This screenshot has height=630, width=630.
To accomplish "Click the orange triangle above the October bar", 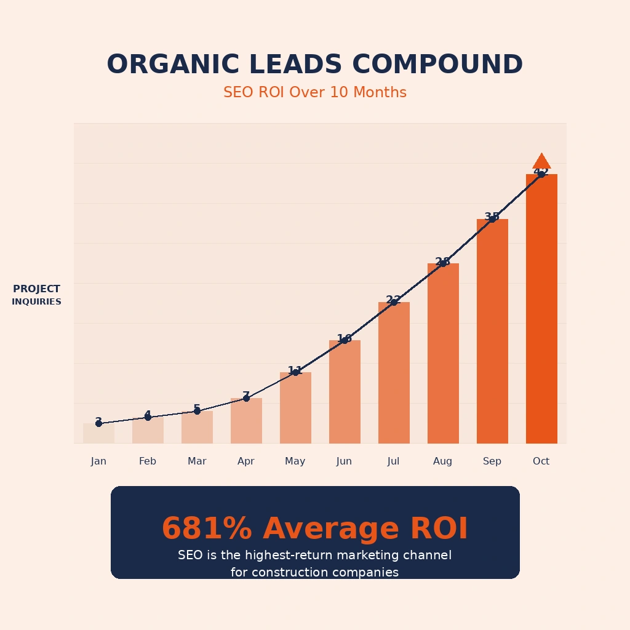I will [x=541, y=162].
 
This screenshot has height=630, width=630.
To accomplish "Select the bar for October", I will [x=541, y=308].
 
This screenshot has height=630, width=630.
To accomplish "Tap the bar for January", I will [x=98, y=433].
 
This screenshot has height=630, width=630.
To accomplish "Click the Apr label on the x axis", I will [x=246, y=461].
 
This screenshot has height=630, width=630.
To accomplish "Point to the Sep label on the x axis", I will [x=492, y=461].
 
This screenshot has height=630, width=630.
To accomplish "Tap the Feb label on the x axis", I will [x=148, y=461].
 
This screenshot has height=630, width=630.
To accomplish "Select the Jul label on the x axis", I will [x=394, y=461].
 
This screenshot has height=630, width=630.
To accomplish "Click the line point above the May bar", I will [x=295, y=372].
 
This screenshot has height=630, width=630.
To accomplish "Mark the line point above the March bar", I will [x=197, y=411].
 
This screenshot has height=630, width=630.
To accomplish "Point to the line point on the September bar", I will [x=492, y=219].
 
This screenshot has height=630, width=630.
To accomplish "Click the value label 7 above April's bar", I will [x=246, y=396].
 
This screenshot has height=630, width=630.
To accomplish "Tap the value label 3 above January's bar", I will [x=98, y=421].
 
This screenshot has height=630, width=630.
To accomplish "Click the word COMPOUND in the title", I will [x=437, y=65].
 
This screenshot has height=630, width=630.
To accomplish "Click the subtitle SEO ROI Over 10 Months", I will [x=315, y=93].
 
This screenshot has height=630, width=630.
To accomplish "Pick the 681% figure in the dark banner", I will [x=207, y=529].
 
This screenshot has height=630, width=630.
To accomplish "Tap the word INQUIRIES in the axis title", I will [x=36, y=302].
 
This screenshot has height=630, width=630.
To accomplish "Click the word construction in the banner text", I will [x=297, y=573].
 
